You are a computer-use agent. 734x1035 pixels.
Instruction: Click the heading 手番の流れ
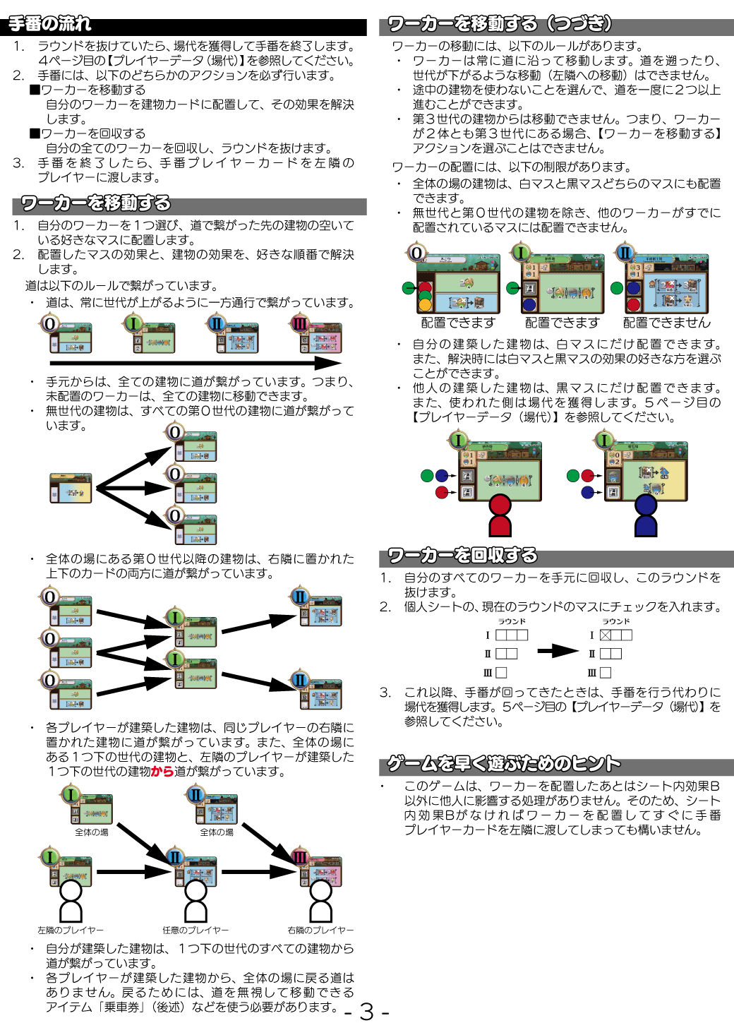point(49,25)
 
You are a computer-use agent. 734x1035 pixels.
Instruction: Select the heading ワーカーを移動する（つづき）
point(499,25)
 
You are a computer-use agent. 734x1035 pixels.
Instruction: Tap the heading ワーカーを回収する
point(462,556)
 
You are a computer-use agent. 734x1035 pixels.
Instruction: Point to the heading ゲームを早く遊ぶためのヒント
point(504,764)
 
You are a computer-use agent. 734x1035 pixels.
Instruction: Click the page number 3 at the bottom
point(366,1012)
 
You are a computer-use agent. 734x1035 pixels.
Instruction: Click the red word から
point(162,772)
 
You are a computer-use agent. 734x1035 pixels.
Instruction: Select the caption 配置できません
point(667,323)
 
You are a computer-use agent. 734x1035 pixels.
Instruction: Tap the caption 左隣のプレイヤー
point(71,931)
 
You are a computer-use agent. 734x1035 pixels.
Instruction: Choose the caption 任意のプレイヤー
point(195,931)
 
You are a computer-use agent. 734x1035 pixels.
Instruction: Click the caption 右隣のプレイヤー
point(320,931)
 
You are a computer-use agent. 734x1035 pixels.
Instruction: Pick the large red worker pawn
point(500,516)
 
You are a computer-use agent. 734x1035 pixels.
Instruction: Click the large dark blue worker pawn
point(646,516)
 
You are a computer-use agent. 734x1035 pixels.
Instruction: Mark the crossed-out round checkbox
point(606,635)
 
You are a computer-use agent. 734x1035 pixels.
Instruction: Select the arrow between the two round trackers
point(558,650)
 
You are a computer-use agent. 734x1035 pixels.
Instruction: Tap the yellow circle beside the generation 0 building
point(425,306)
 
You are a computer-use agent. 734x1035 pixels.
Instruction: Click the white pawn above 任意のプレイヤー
point(195,900)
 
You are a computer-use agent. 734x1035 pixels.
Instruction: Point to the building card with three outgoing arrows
point(71,488)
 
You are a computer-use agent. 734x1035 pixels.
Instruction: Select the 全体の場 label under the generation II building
point(217,832)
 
